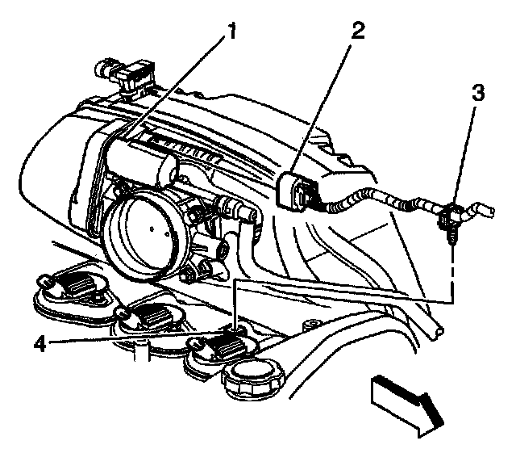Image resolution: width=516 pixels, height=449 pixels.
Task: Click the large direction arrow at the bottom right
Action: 402,401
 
